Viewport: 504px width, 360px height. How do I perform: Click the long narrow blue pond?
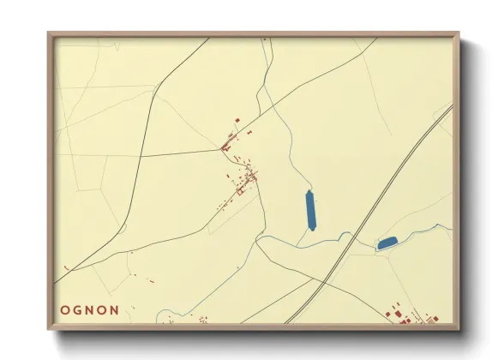(x=311, y=210)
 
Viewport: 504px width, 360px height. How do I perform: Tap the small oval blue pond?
(x=387, y=243)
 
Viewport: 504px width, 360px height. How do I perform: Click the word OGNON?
(x=91, y=309)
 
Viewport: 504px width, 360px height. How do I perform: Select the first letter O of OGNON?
(x=65, y=309)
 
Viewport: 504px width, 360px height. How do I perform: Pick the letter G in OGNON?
(x=78, y=309)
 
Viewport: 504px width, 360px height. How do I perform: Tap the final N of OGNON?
(x=115, y=309)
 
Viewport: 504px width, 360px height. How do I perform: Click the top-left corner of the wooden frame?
(x=50, y=34)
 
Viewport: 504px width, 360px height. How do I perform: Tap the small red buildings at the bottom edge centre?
(x=202, y=320)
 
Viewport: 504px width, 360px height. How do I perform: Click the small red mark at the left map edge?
(x=65, y=269)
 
